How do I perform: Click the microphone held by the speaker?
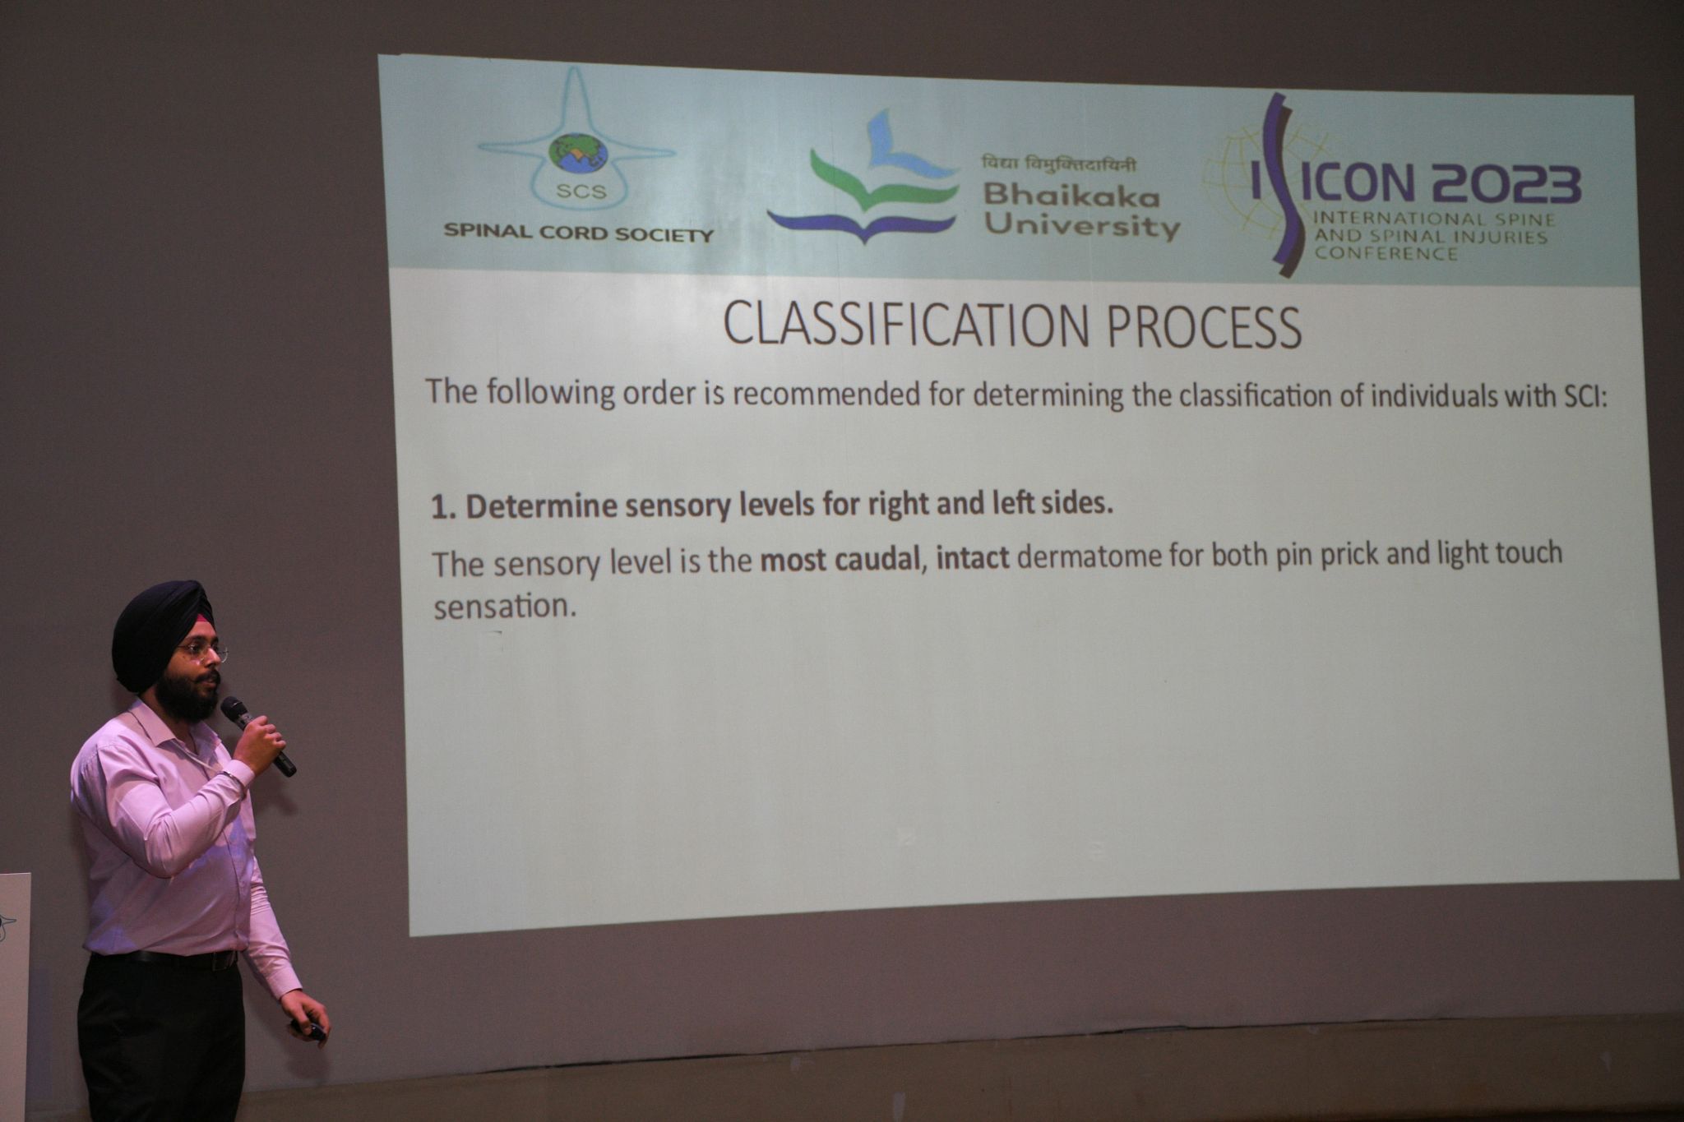point(257,736)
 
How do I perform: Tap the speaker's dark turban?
point(160,629)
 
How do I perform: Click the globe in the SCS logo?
point(578,154)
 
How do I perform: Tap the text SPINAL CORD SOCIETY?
point(578,233)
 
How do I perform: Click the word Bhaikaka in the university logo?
point(1071,196)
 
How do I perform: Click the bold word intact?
point(973,558)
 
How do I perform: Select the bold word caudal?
point(881,560)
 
